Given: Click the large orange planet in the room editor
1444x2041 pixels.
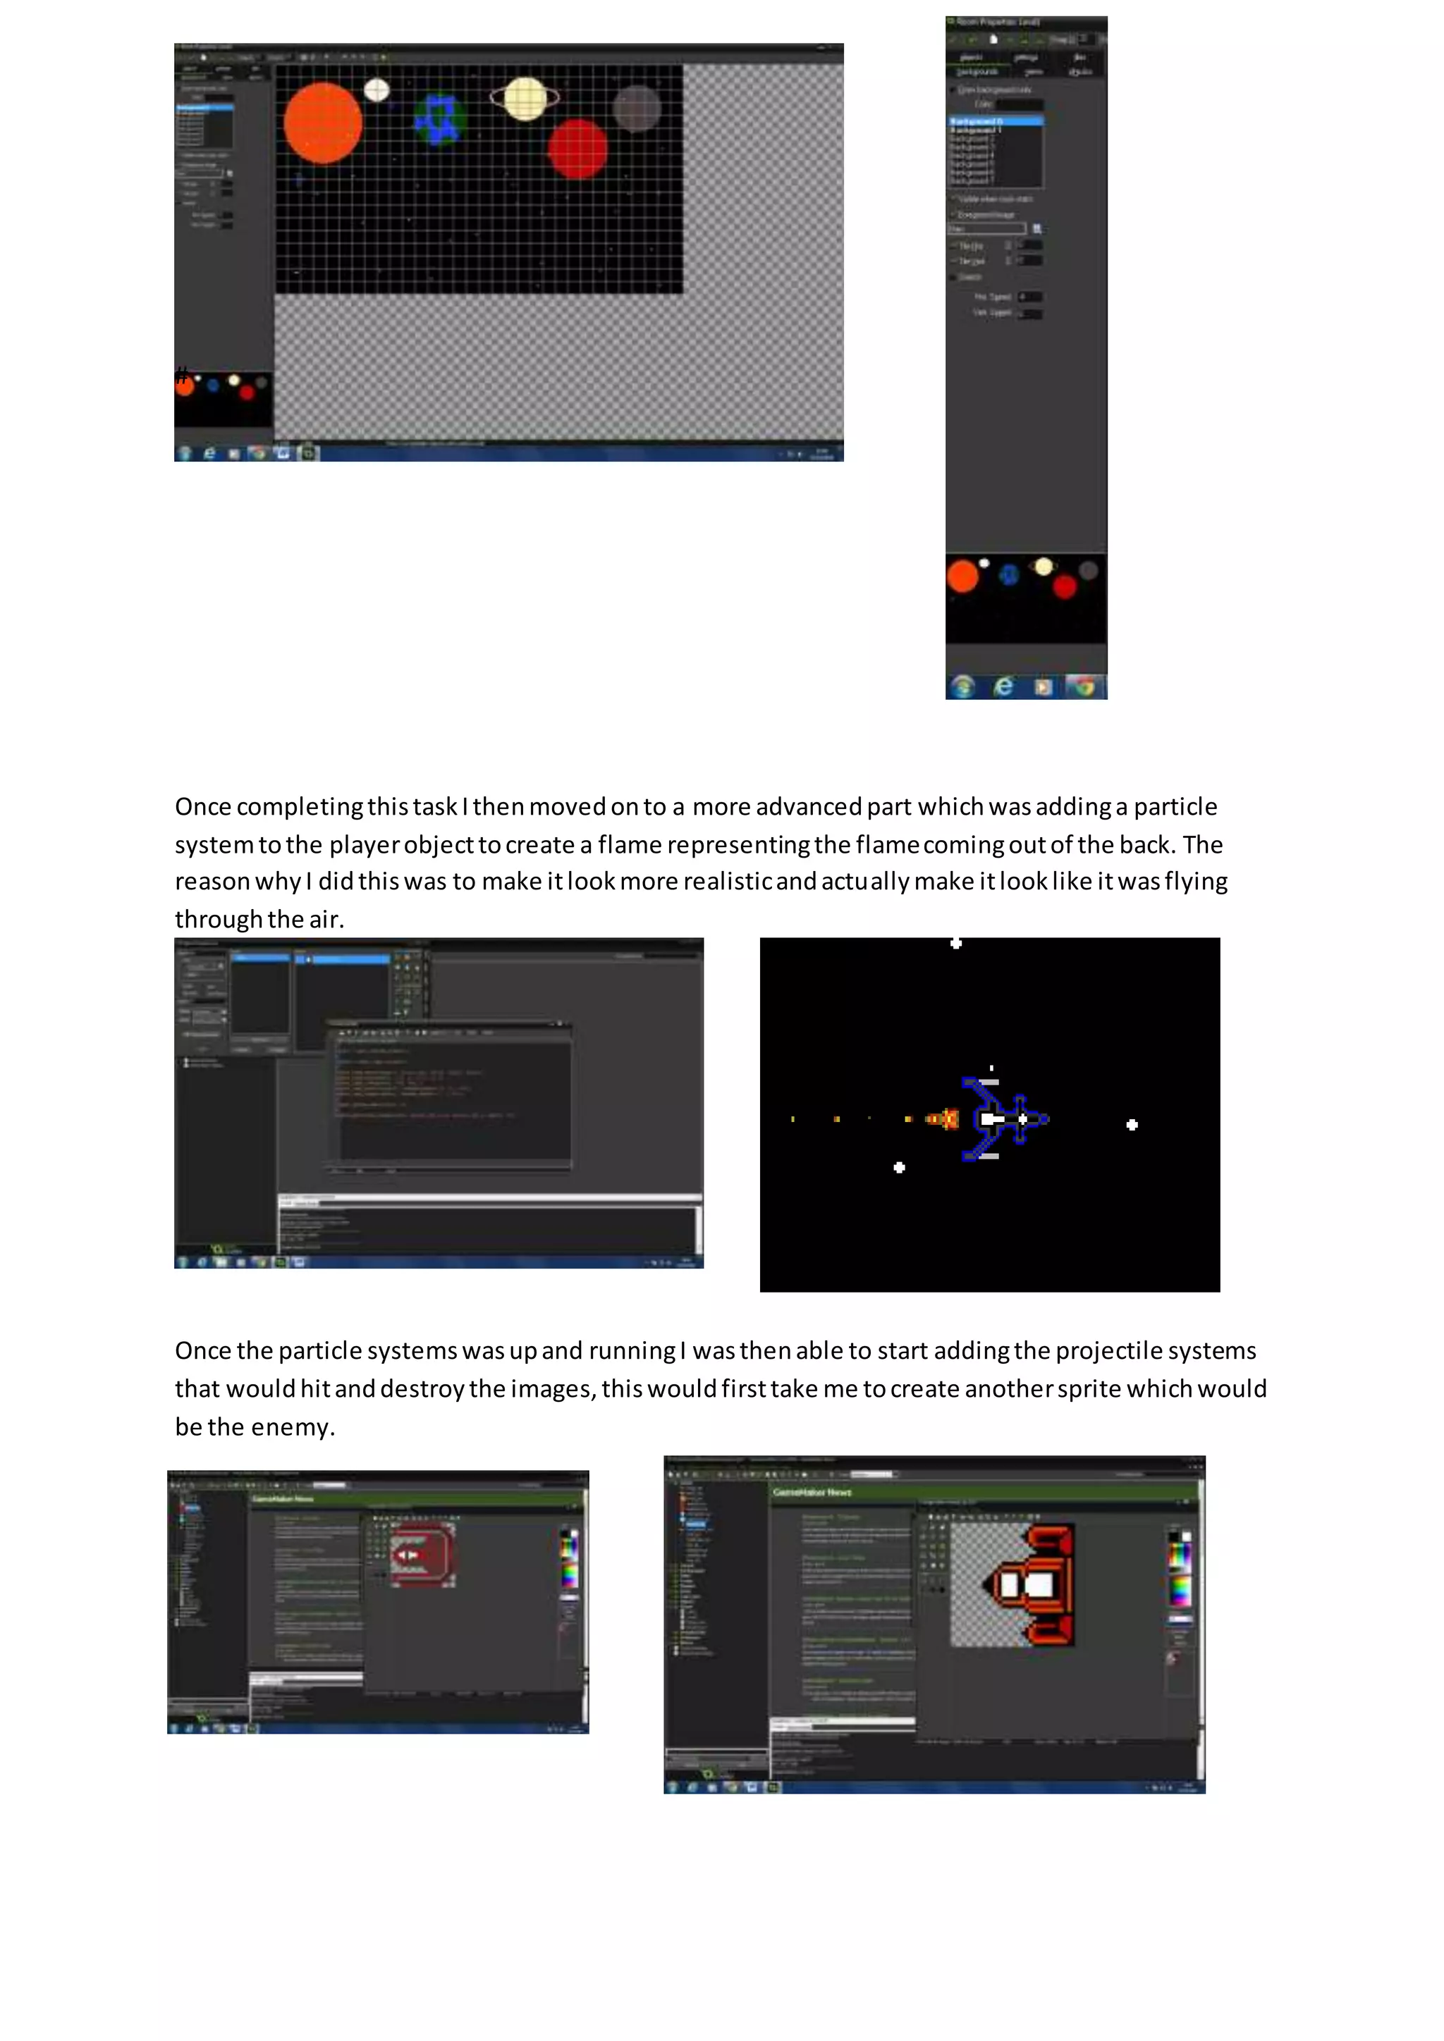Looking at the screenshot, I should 323,123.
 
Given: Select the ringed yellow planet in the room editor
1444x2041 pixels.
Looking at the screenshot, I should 525,98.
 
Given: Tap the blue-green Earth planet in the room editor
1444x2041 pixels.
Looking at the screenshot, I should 439,119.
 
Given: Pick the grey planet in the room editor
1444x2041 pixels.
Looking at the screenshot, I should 637,109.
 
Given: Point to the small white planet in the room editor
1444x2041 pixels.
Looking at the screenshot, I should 377,90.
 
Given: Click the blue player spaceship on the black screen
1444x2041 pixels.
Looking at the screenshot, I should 1005,1118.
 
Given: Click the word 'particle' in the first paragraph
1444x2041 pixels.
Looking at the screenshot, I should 1175,806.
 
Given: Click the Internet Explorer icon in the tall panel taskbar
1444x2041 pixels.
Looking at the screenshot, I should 1003,686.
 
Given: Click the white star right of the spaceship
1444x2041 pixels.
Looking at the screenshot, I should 1132,1125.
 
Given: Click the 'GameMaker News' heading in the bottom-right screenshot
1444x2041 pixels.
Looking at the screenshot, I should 812,1493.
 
